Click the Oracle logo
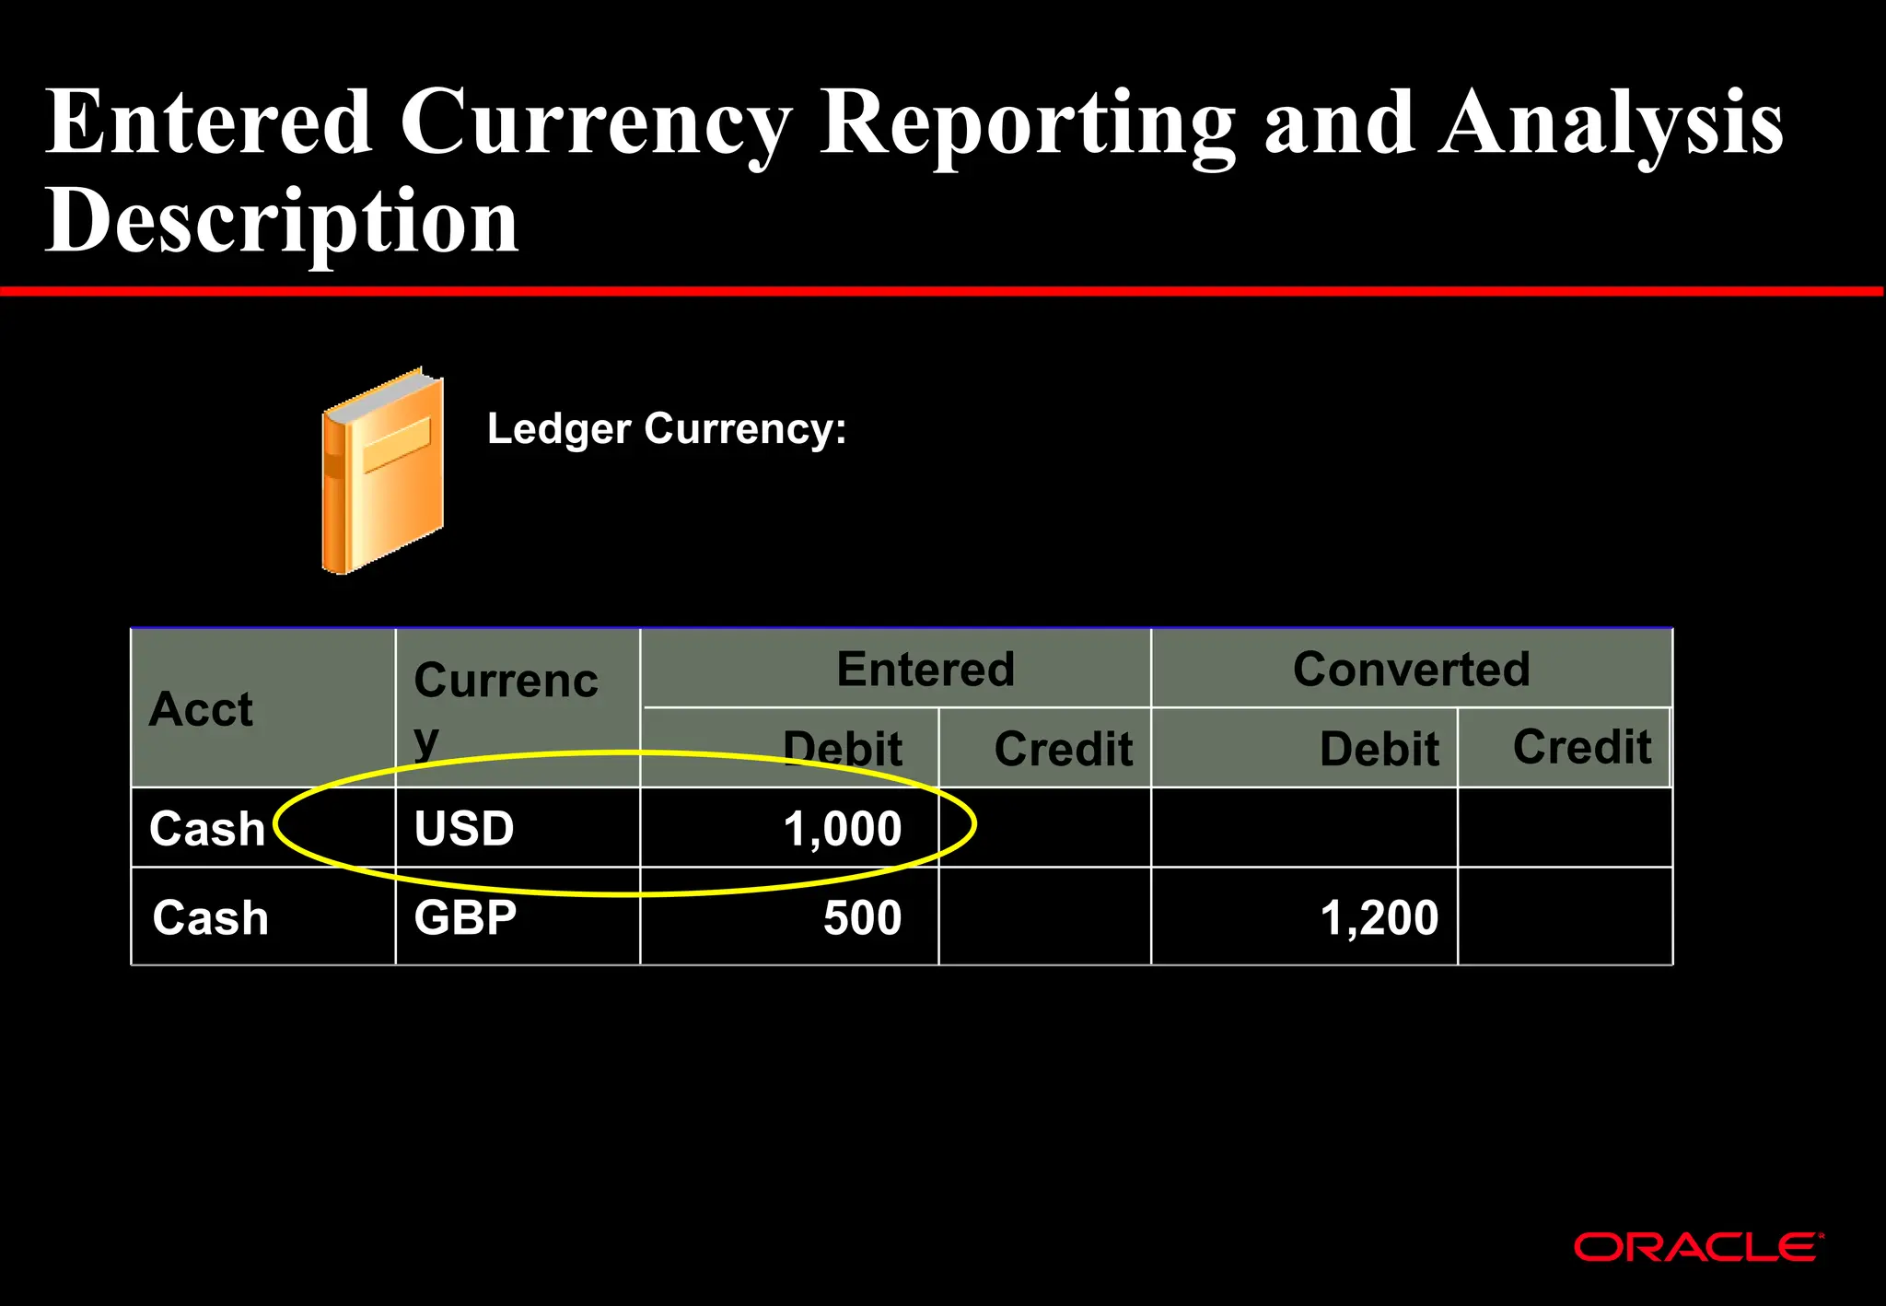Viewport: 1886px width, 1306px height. [x=1697, y=1247]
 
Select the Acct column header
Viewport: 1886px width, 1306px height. [x=201, y=709]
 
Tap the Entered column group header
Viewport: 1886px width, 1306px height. [x=926, y=669]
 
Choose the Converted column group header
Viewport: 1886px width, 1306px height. [x=1411, y=669]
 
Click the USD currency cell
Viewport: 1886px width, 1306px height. [x=464, y=828]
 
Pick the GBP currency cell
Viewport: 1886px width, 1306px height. [x=465, y=917]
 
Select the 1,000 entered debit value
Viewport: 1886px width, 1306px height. [x=842, y=828]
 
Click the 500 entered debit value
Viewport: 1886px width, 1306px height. [x=862, y=917]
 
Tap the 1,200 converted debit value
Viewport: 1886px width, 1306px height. [x=1379, y=917]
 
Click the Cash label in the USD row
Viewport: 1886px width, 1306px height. [x=207, y=828]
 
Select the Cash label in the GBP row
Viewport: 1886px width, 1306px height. [x=211, y=917]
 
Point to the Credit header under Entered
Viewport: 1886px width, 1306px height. [x=1063, y=748]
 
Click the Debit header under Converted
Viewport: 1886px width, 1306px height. [x=1379, y=748]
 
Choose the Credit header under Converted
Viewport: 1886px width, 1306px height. [x=1581, y=746]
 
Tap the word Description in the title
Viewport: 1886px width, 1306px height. [x=282, y=221]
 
